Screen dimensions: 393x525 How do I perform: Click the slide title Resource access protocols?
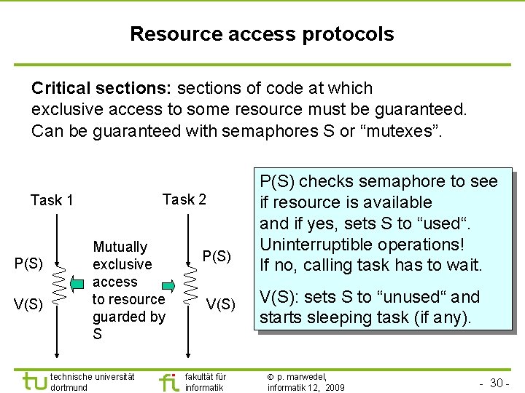coord(262,34)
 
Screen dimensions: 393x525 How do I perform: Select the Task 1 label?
coord(52,200)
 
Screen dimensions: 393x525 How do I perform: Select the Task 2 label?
coord(184,199)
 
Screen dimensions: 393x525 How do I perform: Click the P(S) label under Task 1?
coord(29,263)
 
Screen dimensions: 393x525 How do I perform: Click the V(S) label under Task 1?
coord(29,303)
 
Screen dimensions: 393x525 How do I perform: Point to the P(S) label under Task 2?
coord(217,257)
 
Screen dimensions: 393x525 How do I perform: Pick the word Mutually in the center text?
coord(120,247)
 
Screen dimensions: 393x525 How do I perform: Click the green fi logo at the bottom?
coord(168,381)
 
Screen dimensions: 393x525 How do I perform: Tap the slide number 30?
coord(499,383)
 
